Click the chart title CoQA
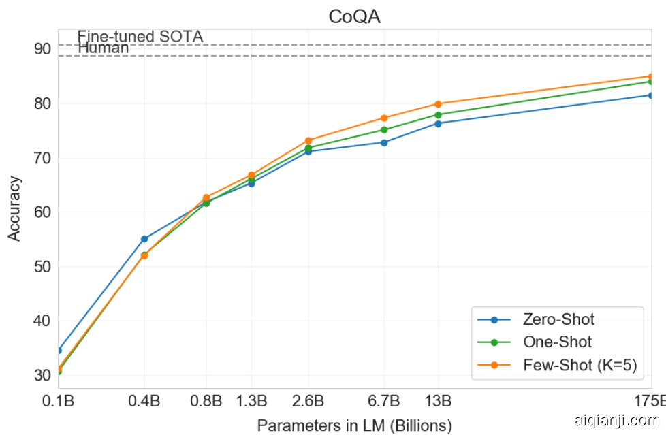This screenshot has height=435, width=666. coord(354,16)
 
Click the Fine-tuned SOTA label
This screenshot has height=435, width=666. coord(140,37)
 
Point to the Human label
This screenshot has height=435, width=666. coord(104,48)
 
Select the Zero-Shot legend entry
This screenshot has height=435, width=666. coord(558,319)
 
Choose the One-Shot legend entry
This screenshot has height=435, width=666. coord(557,342)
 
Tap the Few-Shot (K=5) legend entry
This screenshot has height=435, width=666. coord(580,365)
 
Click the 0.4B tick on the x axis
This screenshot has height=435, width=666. coord(144,400)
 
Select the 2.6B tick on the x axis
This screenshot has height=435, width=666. coord(308,400)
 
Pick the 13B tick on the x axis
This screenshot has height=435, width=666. coord(438,400)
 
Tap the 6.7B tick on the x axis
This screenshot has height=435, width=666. coord(384,400)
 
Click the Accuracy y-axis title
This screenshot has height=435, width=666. coord(14,208)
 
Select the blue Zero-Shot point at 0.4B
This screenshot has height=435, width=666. coord(144,239)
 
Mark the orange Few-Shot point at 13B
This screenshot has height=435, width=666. coord(438,104)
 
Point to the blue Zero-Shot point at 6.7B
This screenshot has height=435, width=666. coord(384,142)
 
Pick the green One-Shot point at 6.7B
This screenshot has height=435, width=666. coord(384,130)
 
